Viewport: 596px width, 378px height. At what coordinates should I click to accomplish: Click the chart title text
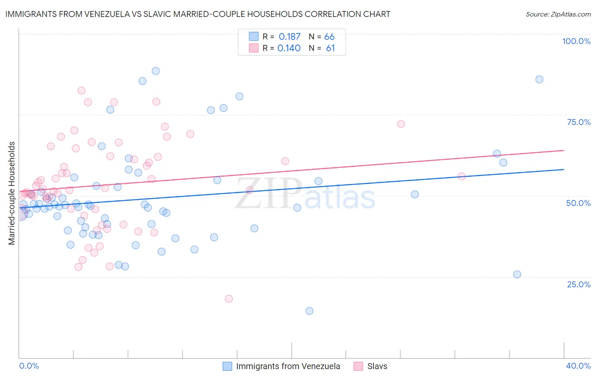click(197, 14)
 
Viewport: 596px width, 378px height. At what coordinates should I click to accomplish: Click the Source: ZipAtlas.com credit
click(558, 14)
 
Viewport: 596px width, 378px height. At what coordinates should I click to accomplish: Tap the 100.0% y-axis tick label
click(576, 41)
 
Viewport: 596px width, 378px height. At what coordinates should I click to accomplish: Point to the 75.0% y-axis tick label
click(579, 122)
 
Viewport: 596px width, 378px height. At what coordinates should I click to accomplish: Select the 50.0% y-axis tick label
click(578, 203)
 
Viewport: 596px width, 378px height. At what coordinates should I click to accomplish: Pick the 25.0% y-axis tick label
click(579, 284)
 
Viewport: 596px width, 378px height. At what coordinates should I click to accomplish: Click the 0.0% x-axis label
click(29, 366)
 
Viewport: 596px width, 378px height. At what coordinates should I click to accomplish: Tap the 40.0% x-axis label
click(578, 366)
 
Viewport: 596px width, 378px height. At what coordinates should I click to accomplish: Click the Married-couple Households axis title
click(12, 193)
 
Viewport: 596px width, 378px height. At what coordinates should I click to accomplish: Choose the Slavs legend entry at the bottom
click(377, 367)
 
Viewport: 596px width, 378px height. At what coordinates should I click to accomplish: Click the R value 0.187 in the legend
click(290, 37)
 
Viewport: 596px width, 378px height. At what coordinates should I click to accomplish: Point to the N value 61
click(330, 48)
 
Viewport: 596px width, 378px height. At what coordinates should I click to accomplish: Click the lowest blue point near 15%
click(309, 311)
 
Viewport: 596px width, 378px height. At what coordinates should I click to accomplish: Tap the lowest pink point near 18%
click(229, 299)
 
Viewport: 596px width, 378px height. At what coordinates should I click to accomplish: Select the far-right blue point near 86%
click(539, 79)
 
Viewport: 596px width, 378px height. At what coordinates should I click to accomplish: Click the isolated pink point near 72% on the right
click(401, 124)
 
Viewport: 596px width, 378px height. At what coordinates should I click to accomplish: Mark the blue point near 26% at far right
click(517, 274)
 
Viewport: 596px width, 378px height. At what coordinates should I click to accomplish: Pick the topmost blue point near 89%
click(156, 71)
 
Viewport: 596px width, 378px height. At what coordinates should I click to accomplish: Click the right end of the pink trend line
click(564, 150)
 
